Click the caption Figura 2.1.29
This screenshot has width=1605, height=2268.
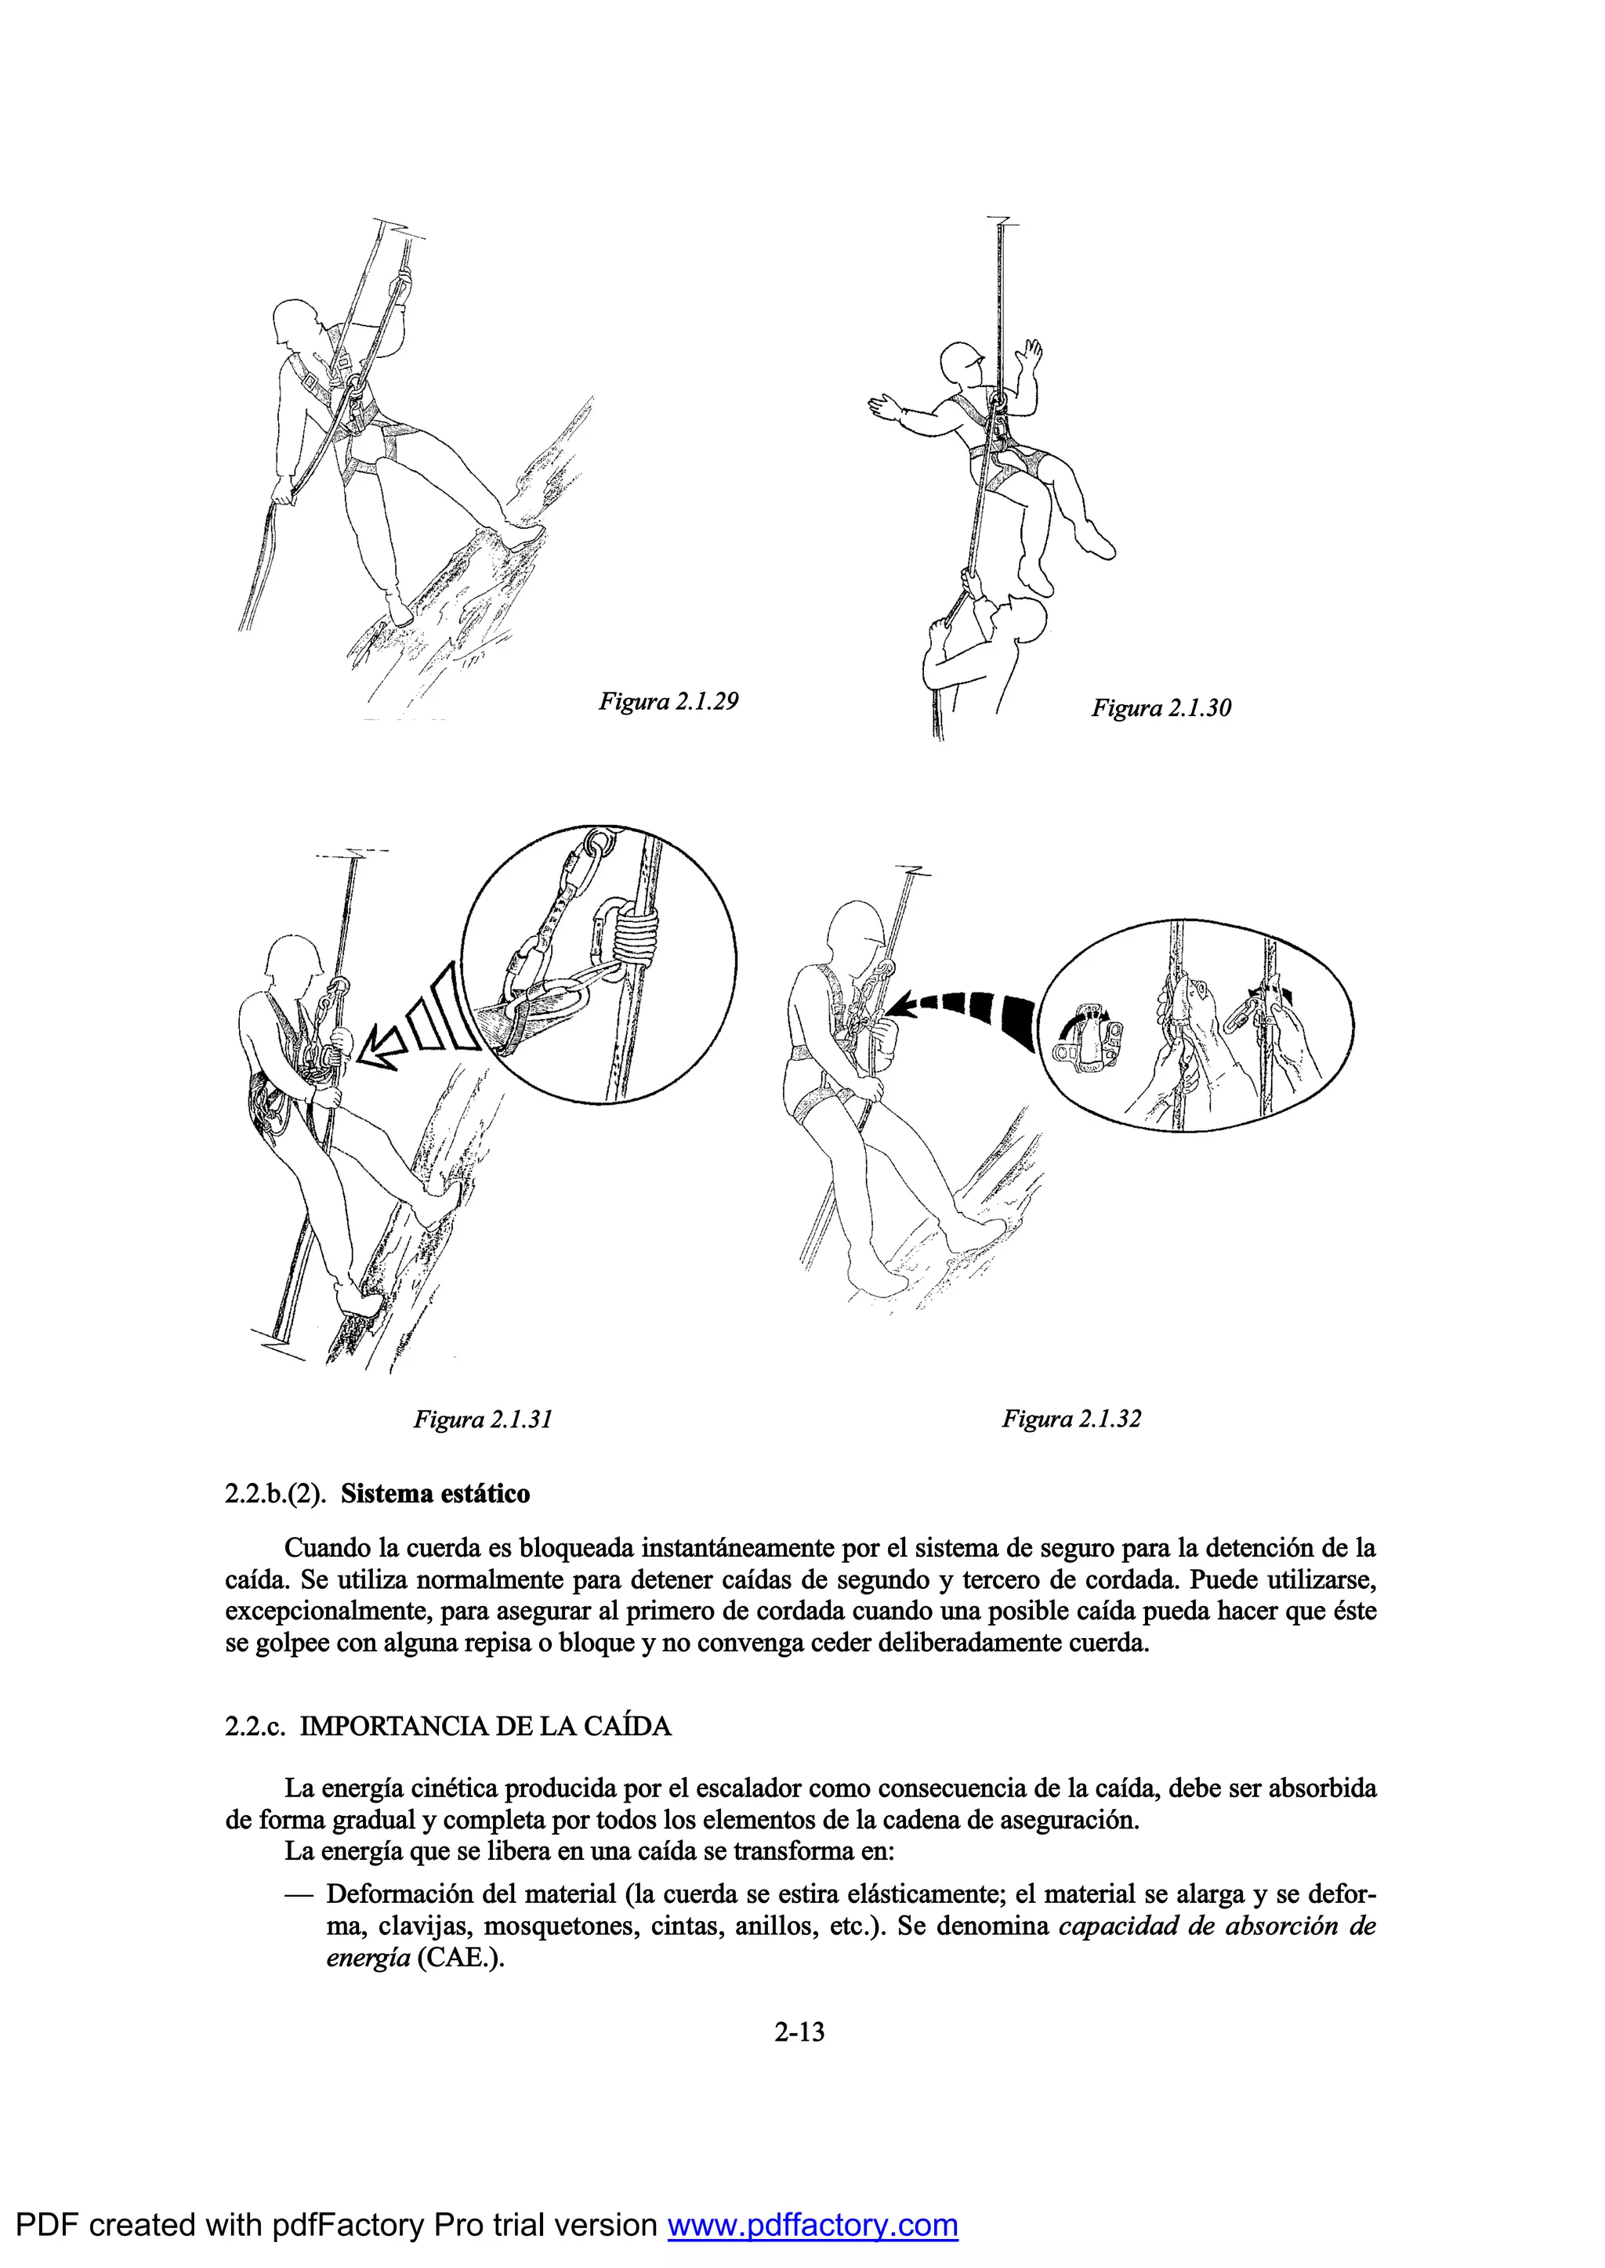pos(668,702)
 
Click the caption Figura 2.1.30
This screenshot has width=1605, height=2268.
pos(1161,708)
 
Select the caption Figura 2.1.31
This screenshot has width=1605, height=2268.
pos(482,1420)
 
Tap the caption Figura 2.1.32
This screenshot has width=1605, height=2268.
pos(1071,1420)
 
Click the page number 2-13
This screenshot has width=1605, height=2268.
pos(799,2032)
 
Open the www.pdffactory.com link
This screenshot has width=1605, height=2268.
pos(813,2225)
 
